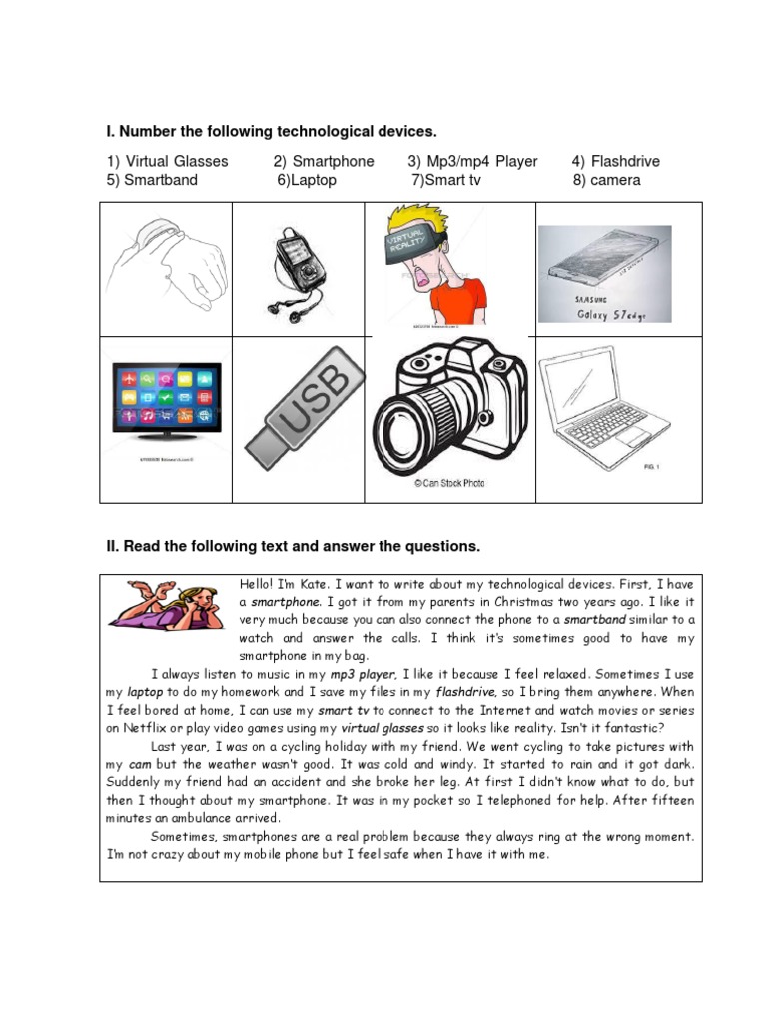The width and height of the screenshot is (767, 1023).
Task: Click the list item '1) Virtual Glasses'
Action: coord(167,161)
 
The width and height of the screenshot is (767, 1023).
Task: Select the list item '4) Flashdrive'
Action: coord(615,161)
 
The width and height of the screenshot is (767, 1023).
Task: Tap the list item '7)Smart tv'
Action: coord(445,181)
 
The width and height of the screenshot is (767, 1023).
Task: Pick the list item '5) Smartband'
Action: coord(152,181)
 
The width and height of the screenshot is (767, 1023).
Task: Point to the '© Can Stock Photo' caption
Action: coord(449,483)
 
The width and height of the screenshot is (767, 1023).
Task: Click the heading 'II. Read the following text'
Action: coord(293,546)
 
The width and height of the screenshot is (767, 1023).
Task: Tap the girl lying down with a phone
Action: coord(167,608)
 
